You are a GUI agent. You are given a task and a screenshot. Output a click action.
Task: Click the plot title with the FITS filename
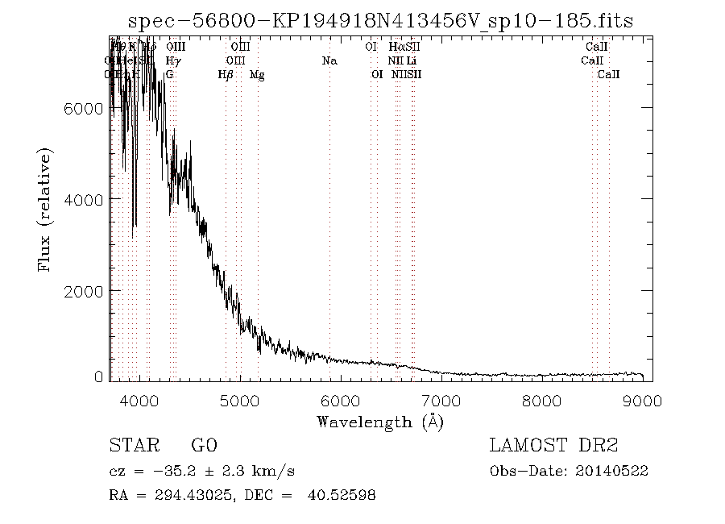pyautogui.click(x=381, y=21)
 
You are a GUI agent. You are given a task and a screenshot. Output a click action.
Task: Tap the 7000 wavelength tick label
pyautogui.click(x=441, y=400)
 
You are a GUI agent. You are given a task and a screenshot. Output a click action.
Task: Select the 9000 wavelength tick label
pyautogui.click(x=642, y=400)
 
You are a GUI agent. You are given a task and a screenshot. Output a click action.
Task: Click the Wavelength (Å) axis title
pyautogui.click(x=380, y=422)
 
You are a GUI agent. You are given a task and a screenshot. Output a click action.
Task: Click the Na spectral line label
pyautogui.click(x=329, y=60)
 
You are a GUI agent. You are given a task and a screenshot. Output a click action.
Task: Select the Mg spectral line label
pyautogui.click(x=257, y=75)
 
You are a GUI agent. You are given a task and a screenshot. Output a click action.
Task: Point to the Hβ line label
pyautogui.click(x=226, y=75)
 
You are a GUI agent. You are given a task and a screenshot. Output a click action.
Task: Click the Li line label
pyautogui.click(x=412, y=60)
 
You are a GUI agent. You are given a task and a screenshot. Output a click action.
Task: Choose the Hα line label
pyautogui.click(x=396, y=47)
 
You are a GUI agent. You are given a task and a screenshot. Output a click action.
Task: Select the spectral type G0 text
pyautogui.click(x=204, y=446)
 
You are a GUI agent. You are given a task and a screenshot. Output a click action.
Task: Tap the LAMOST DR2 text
pyautogui.click(x=553, y=446)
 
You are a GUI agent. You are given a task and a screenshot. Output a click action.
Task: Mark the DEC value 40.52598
pyautogui.click(x=342, y=495)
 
